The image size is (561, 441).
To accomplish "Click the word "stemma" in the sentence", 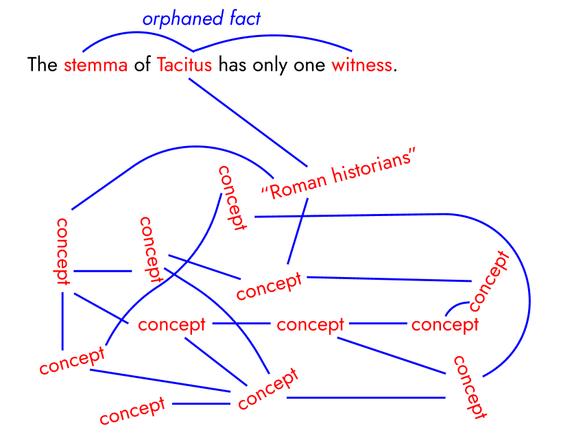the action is tap(96, 66).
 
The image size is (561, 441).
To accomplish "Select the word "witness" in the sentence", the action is tap(363, 66).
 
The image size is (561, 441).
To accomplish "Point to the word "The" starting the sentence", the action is tap(42, 66).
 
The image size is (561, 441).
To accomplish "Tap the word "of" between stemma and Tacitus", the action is tap(143, 66).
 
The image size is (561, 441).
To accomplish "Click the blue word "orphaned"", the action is tap(175, 19).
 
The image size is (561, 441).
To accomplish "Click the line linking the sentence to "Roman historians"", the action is tap(247, 122).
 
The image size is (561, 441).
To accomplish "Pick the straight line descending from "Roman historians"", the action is tap(298, 230).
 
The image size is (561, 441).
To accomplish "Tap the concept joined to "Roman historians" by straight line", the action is tap(269, 287).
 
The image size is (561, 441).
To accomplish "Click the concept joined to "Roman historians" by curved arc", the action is tap(62, 251).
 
